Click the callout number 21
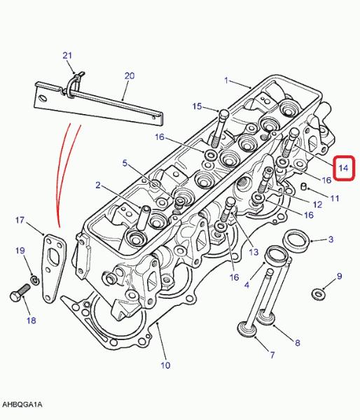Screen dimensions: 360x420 tap(67, 55)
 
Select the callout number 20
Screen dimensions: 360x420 tap(129, 76)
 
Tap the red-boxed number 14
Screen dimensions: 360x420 tap(343, 168)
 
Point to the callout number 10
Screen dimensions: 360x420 tap(165, 365)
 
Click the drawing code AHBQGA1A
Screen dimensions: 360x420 tap(22, 405)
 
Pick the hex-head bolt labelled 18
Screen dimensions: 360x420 tap(20, 293)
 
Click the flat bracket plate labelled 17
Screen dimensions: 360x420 tap(54, 268)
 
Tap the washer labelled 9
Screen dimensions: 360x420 tap(318, 293)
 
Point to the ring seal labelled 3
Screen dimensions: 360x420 tap(297, 241)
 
